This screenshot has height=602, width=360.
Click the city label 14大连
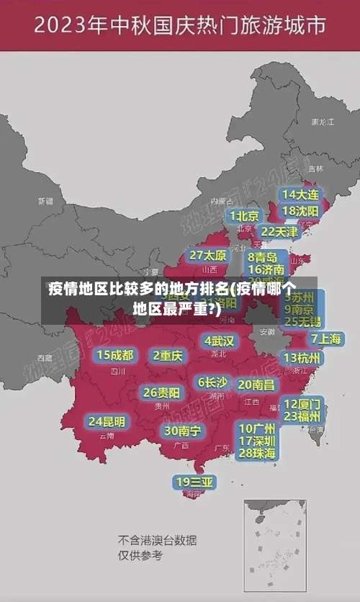[x=300, y=194]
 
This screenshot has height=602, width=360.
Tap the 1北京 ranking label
[x=245, y=215]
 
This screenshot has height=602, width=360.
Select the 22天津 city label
[x=279, y=232]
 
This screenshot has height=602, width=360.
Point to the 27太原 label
[x=208, y=256]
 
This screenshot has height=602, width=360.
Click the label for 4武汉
[x=220, y=340]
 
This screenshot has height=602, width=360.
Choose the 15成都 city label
[x=115, y=355]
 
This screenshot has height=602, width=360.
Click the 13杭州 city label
[x=302, y=358]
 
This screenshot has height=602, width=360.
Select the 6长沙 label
[x=212, y=382]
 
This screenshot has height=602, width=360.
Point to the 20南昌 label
[x=256, y=385]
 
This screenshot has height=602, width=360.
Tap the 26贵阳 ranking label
[x=162, y=392]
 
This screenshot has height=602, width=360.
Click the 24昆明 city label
[x=107, y=421]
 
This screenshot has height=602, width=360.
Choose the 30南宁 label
[x=182, y=431]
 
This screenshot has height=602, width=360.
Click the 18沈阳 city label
[x=300, y=210]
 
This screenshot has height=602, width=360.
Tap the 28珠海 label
[x=257, y=453]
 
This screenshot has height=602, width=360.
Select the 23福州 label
[x=302, y=416]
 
